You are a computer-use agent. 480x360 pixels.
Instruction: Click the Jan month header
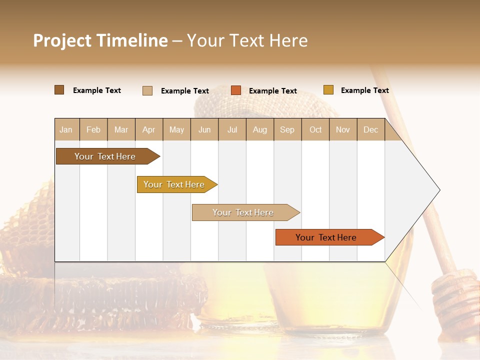coord(66,130)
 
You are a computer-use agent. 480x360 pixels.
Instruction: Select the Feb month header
coord(93,130)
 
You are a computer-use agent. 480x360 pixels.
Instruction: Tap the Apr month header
coord(148,130)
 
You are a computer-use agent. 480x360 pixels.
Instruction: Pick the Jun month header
coord(204,130)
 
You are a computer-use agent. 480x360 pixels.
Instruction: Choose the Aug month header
coord(259,130)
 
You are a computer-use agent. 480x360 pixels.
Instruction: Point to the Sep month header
coord(287,130)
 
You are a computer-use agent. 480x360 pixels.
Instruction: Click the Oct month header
coord(315,130)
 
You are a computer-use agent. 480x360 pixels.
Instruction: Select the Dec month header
coord(370,130)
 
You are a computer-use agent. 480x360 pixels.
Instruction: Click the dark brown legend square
coord(59,90)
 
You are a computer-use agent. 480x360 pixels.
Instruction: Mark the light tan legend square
coord(147,90)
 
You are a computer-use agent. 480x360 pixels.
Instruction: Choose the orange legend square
coord(236,90)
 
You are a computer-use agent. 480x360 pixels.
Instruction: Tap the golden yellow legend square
coord(328,90)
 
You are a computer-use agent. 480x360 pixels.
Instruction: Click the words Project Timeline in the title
coord(100,40)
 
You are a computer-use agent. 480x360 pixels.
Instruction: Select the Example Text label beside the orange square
coord(272,91)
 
